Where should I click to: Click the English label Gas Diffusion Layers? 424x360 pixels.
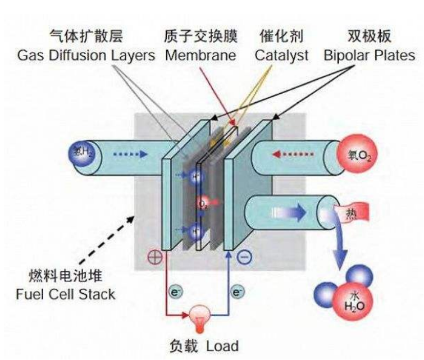[x=85, y=56]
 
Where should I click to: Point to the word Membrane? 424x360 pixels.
[x=200, y=56]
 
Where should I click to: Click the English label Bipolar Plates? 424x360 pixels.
[x=370, y=56]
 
